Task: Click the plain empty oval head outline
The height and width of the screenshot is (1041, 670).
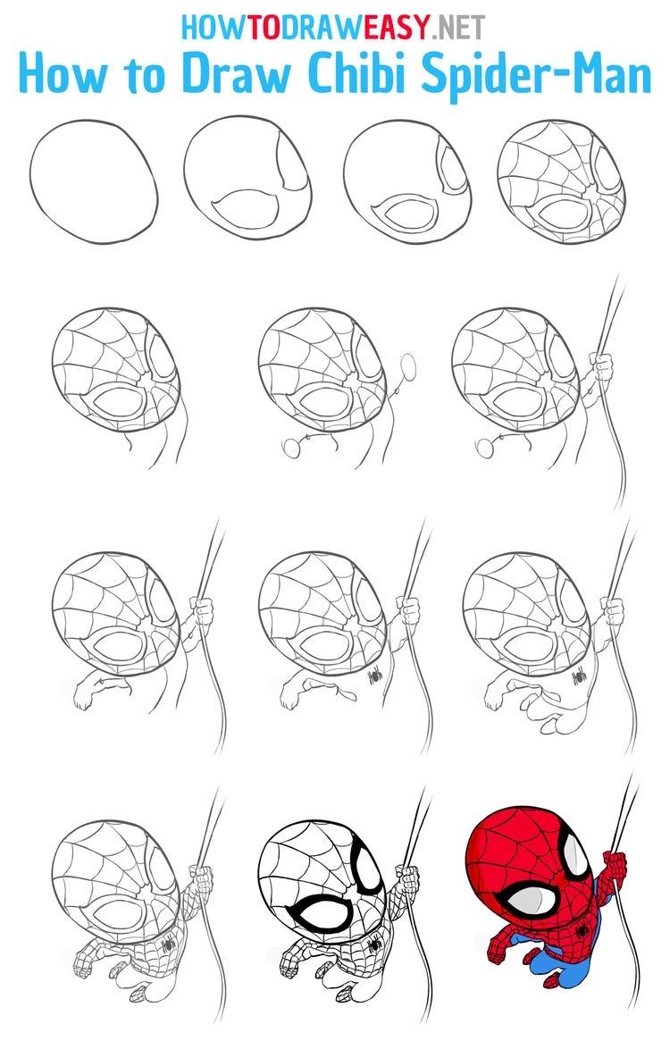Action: [95, 178]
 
